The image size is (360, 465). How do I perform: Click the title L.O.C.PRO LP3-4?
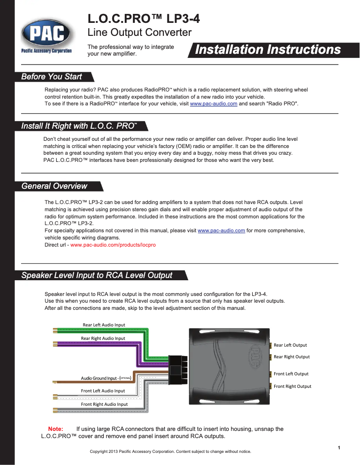tap(144, 19)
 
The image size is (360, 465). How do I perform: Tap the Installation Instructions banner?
tap(268, 50)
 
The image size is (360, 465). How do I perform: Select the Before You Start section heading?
tap(52, 77)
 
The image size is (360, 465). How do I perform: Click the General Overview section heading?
tap(54, 186)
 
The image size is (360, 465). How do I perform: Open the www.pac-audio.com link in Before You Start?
tap(214, 104)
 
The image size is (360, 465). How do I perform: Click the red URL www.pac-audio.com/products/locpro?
tap(113, 245)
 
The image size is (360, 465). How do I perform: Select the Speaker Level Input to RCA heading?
tap(97, 275)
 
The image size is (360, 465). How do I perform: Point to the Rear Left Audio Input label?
tap(104, 325)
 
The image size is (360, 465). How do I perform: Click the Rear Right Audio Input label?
tap(103, 338)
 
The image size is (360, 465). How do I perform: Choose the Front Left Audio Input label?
tap(103, 391)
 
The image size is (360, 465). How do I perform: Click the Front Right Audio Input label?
tap(104, 404)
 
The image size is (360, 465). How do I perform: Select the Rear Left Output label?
tap(290, 345)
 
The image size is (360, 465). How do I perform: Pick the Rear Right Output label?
tap(292, 356)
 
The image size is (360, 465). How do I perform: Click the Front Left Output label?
tap(291, 374)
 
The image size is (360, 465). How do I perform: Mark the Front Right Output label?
tap(292, 386)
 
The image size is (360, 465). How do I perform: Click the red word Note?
tap(56, 429)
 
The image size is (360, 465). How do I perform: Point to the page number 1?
tap(339, 448)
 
